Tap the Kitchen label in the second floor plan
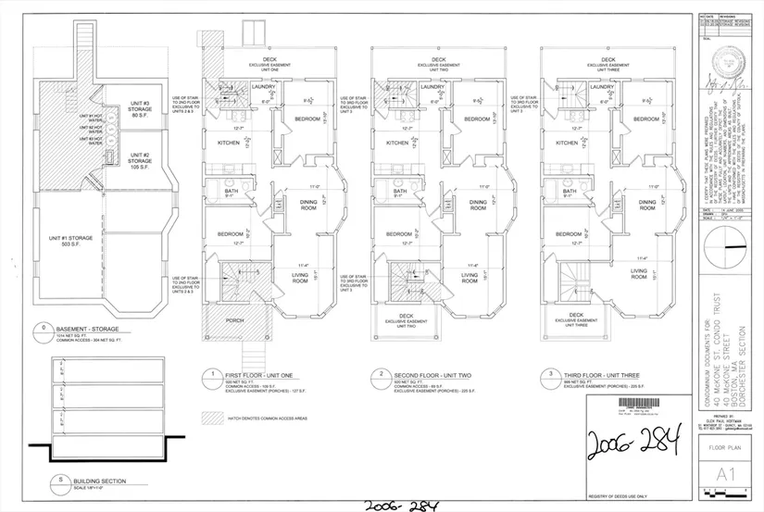pos(398,144)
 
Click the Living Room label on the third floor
pos(640,273)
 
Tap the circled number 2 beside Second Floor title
pos(380,376)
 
